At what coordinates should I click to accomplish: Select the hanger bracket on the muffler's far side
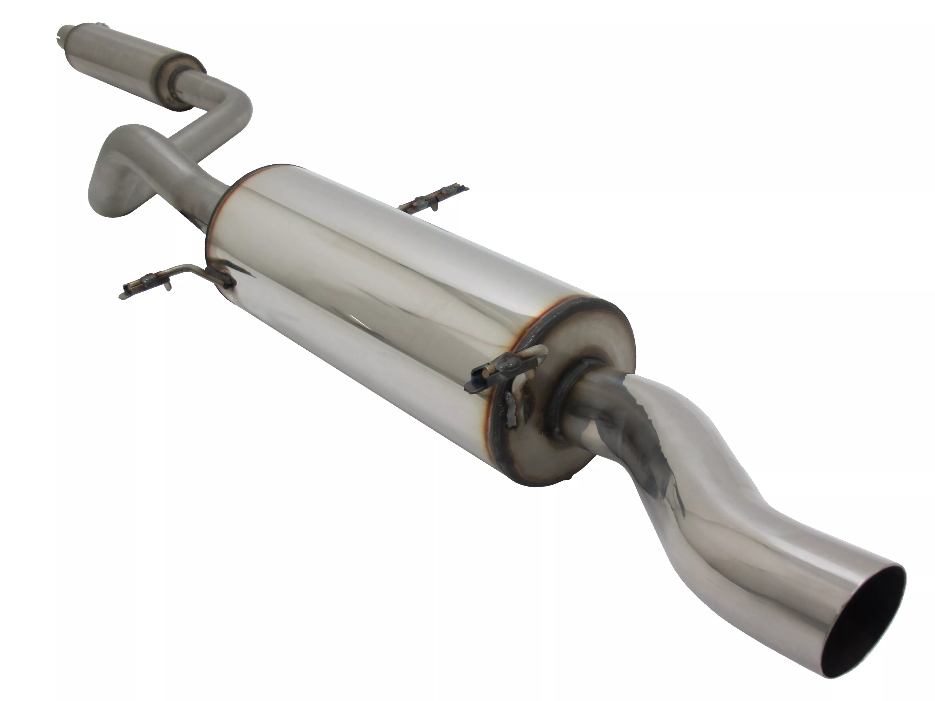pos(435,199)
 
